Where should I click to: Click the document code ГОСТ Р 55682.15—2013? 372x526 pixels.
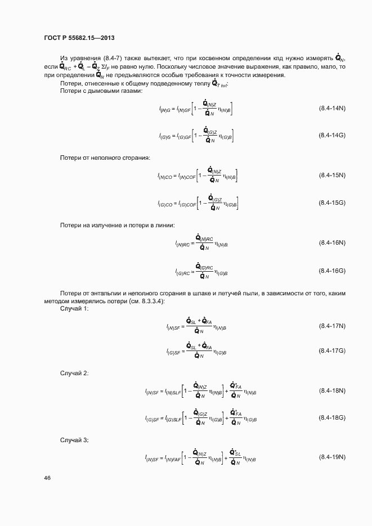point(79,38)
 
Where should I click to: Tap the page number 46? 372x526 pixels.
point(47,478)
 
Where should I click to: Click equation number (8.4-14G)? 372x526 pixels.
point(331,136)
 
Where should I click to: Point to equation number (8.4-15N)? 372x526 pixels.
point(331,175)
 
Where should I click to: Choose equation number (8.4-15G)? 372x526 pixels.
point(331,203)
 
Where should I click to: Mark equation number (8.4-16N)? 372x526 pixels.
point(331,242)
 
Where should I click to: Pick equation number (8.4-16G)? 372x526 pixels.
point(331,271)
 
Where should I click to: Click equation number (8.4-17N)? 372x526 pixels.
point(331,326)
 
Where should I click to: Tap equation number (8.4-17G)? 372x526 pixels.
point(331,350)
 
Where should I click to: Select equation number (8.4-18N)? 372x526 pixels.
point(331,390)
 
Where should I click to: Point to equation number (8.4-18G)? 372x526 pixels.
point(331,418)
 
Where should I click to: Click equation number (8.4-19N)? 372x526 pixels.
point(331,456)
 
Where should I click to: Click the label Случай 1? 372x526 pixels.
point(74,310)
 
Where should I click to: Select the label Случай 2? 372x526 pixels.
point(74,373)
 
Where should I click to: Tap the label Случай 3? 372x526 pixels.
point(74,439)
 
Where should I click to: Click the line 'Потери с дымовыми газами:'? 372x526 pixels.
point(101,91)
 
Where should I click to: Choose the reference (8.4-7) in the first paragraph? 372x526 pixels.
point(117,59)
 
